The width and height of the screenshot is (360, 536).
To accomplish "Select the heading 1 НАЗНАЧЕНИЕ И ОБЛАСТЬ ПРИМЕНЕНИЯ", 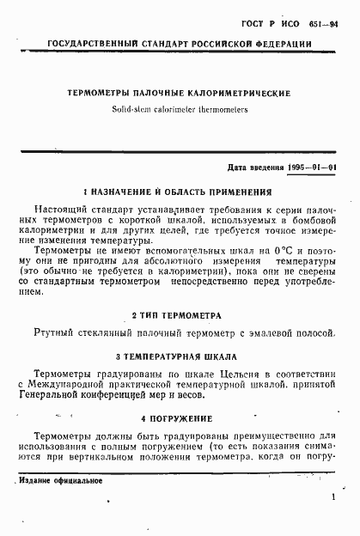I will coord(180,192).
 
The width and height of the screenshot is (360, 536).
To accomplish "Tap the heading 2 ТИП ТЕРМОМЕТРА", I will coord(180,314).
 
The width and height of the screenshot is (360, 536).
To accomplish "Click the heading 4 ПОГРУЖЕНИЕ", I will coord(180,418).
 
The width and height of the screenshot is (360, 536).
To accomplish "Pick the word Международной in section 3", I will coord(76,386).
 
